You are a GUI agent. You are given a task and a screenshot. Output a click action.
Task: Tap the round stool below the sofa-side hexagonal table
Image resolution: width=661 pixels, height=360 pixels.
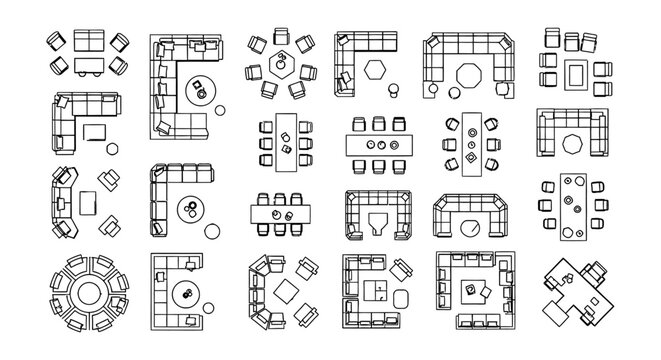coord(393,91)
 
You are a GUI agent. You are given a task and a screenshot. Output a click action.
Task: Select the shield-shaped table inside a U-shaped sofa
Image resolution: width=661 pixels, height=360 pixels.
coord(376,221)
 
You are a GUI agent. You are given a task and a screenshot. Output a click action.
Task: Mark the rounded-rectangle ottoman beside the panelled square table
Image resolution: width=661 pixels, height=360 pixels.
coord(401,297)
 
